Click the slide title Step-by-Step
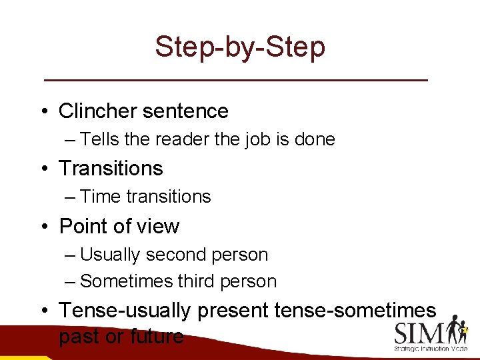[240, 47]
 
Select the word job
[268, 139]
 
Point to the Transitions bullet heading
[111, 168]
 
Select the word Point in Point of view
[83, 227]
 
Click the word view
[157, 227]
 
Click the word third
[195, 281]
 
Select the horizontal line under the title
[235, 79]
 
